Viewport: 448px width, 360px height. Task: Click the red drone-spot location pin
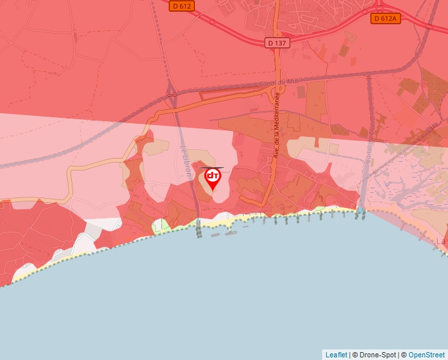(x=213, y=178)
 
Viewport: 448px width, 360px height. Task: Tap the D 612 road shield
(x=181, y=6)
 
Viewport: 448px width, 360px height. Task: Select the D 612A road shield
(x=385, y=18)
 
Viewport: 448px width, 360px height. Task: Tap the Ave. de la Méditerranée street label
(x=277, y=124)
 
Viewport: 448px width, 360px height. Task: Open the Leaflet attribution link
(x=336, y=355)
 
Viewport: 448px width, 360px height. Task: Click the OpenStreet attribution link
(x=426, y=355)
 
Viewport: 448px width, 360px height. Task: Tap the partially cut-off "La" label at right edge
(x=441, y=241)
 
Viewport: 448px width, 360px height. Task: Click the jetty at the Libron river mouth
(x=199, y=230)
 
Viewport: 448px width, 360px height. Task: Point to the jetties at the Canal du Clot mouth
(x=360, y=214)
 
